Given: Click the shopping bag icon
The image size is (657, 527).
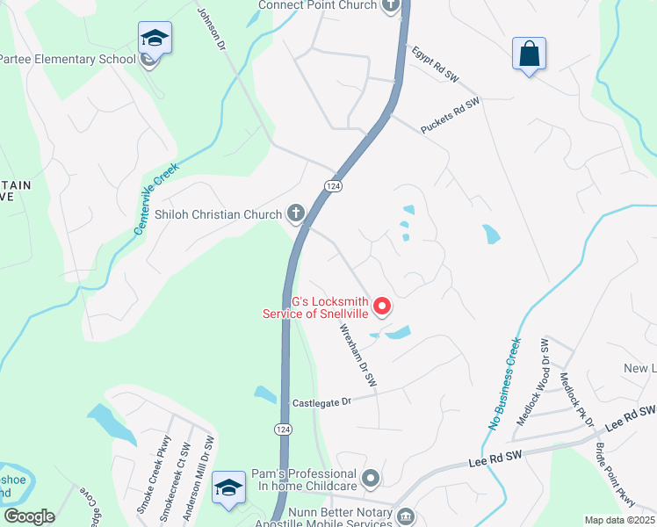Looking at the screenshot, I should [529, 54].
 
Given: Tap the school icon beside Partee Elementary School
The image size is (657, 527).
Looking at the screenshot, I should [154, 39].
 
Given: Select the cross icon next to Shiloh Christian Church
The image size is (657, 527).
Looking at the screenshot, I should [297, 213].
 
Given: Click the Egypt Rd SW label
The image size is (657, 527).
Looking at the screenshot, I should [436, 64].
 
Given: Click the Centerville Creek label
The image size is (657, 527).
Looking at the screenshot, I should [156, 198].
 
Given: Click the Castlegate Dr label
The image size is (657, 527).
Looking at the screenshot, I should [321, 401].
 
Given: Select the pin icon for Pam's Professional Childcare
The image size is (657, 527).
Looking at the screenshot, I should [371, 479].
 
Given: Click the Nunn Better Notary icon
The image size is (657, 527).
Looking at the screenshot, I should [405, 516].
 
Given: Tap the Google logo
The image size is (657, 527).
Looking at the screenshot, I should [29, 516].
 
